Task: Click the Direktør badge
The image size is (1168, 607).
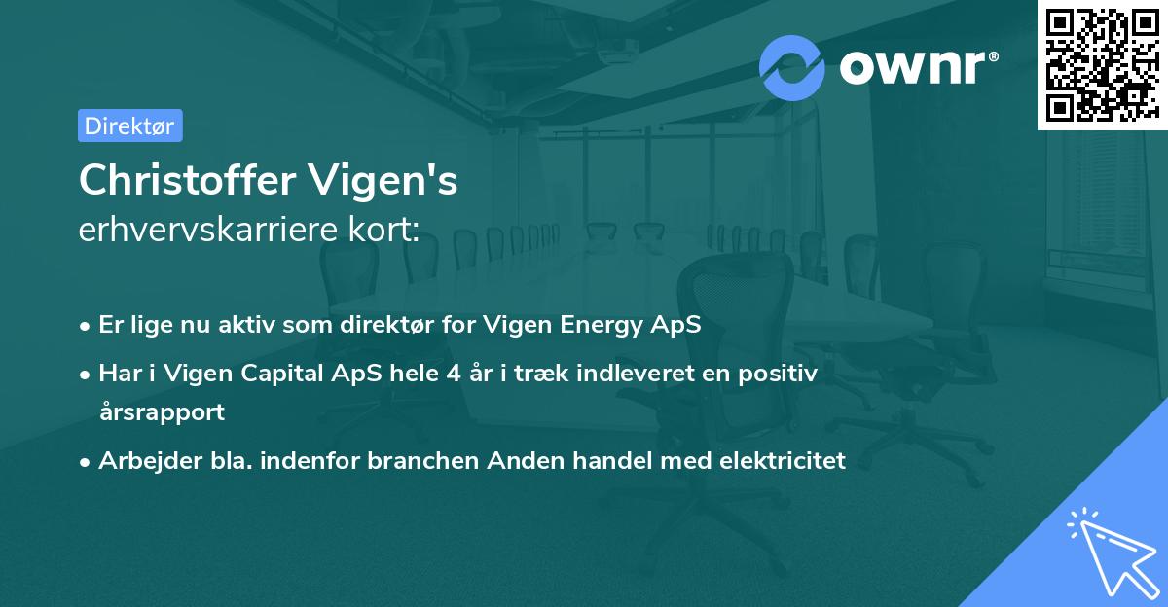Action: pyautogui.click(x=129, y=125)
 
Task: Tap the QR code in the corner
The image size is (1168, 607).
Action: pyautogui.click(x=1102, y=64)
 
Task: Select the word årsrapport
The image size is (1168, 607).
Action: pyautogui.click(x=162, y=411)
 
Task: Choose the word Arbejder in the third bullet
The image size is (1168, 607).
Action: pyautogui.click(x=144, y=461)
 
